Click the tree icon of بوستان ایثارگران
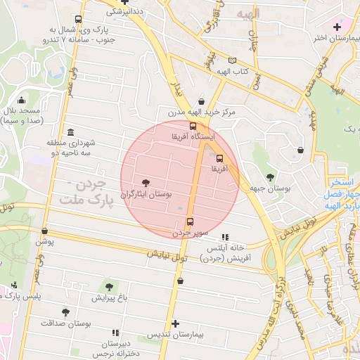pyautogui.click(x=146, y=181)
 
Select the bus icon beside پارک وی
pyautogui.click(x=77, y=20)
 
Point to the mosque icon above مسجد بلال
pyautogui.click(x=21, y=100)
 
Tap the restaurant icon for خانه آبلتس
pyautogui.click(x=225, y=238)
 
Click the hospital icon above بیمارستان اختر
pyautogui.click(x=337, y=26)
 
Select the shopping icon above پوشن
pyautogui.click(x=45, y=231)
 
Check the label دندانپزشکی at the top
pyautogui.click(x=123, y=12)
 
